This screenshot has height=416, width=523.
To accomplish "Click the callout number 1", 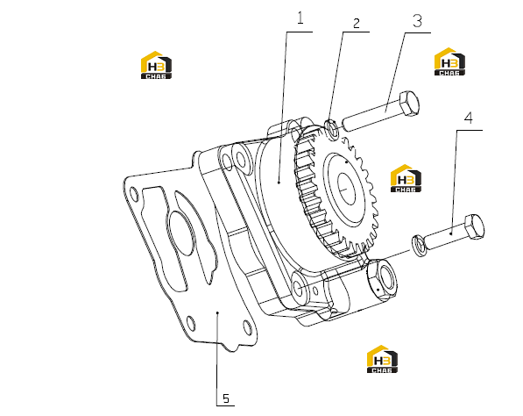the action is pyautogui.click(x=300, y=18).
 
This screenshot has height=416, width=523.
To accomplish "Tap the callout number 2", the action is pyautogui.click(x=357, y=24).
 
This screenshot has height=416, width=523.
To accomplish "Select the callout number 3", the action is pyautogui.click(x=417, y=21).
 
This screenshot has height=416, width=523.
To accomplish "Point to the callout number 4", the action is pyautogui.click(x=469, y=118).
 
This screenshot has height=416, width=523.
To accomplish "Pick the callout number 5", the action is pyautogui.click(x=226, y=398).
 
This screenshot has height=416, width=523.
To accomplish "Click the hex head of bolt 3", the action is pyautogui.click(x=409, y=103).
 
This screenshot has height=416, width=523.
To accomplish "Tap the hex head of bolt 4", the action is pyautogui.click(x=474, y=226).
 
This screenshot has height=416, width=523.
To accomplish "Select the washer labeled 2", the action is pyautogui.click(x=331, y=128).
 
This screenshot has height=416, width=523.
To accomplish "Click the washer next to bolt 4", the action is pyautogui.click(x=419, y=246).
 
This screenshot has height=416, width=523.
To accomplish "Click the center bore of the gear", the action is pyautogui.click(x=346, y=189).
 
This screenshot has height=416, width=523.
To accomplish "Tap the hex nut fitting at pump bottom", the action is pyautogui.click(x=382, y=279).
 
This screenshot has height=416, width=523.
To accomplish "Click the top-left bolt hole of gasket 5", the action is pyautogui.click(x=134, y=194).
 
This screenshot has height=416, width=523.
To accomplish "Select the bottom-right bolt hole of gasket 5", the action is pyautogui.click(x=247, y=326).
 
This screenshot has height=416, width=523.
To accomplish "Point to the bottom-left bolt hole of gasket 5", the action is pyautogui.click(x=191, y=323).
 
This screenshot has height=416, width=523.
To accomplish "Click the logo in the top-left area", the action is pyautogui.click(x=156, y=65).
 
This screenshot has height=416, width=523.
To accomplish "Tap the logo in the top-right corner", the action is pyautogui.click(x=449, y=61).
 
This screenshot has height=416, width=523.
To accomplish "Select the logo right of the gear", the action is pyautogui.click(x=406, y=178).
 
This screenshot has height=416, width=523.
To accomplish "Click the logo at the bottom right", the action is pyautogui.click(x=382, y=359).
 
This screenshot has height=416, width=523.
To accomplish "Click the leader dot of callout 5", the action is pyautogui.click(x=217, y=312).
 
